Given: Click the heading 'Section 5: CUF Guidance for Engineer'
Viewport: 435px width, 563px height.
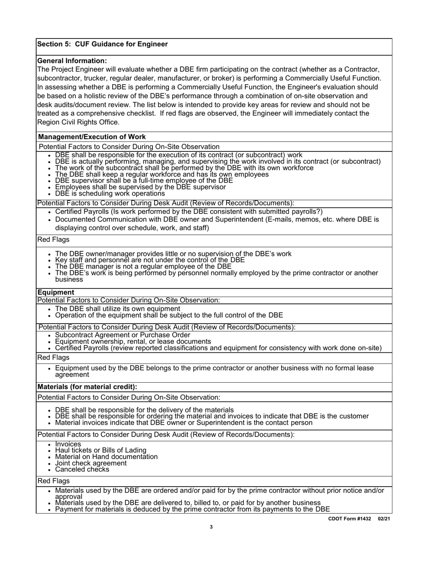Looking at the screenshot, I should (102, 44).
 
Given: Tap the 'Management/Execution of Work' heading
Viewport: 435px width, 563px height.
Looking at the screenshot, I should (92, 137).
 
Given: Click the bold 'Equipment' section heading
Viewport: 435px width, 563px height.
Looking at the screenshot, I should (55, 292).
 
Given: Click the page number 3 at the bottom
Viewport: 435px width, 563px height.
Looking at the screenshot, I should (211, 527).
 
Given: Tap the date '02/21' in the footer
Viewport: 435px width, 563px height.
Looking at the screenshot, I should (384, 519).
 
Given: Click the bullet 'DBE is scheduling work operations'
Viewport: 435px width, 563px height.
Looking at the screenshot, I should (109, 194).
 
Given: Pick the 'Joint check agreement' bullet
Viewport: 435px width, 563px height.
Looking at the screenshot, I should (91, 463).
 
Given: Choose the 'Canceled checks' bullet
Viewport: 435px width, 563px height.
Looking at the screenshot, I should (82, 470).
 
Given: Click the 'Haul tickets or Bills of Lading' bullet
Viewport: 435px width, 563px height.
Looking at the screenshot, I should (101, 450).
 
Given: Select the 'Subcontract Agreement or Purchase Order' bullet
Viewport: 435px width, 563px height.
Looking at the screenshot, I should (122, 335).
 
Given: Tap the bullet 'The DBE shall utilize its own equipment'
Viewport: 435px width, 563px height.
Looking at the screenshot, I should (117, 309).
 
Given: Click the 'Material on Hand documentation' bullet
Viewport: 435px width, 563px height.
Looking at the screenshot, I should (106, 457).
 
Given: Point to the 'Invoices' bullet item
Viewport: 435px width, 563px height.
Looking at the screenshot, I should (68, 444).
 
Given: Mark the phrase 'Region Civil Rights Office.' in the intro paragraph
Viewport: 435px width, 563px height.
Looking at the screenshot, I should (78, 122).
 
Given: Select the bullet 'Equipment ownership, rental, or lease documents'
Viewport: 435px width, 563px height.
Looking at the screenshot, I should (133, 341).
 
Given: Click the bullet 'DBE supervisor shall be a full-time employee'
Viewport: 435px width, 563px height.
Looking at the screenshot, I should (144, 181).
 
